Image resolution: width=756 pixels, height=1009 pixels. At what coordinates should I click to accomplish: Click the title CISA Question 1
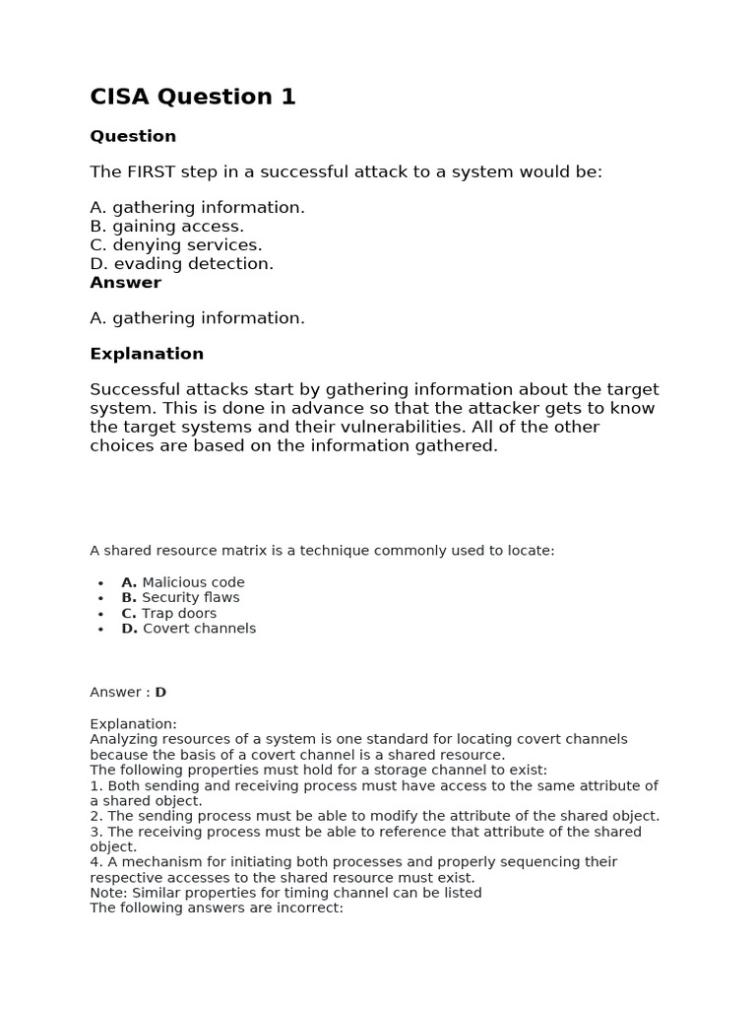(193, 97)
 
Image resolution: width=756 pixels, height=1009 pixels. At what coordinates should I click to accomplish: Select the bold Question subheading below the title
(133, 136)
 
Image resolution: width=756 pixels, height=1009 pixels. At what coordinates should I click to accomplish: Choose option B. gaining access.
(166, 227)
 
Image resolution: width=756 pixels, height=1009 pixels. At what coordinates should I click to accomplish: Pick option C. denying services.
(176, 245)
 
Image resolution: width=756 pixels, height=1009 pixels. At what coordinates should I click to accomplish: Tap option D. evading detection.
(182, 264)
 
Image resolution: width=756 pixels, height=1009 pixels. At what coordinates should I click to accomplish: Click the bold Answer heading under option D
(125, 283)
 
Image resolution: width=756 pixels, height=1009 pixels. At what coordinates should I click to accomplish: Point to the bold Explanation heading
(147, 354)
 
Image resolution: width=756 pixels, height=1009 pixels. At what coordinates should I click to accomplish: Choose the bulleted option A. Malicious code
(183, 582)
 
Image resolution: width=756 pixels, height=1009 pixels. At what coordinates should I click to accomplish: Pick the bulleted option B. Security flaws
(180, 597)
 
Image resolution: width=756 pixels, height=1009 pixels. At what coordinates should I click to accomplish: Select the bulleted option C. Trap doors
(168, 613)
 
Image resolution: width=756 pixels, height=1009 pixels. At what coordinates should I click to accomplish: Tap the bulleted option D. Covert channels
(188, 629)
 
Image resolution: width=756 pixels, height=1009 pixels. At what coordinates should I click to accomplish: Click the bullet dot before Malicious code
(100, 583)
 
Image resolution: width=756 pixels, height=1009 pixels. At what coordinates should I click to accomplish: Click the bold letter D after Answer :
(160, 693)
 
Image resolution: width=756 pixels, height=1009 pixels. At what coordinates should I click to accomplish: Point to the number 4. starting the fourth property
(96, 862)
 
